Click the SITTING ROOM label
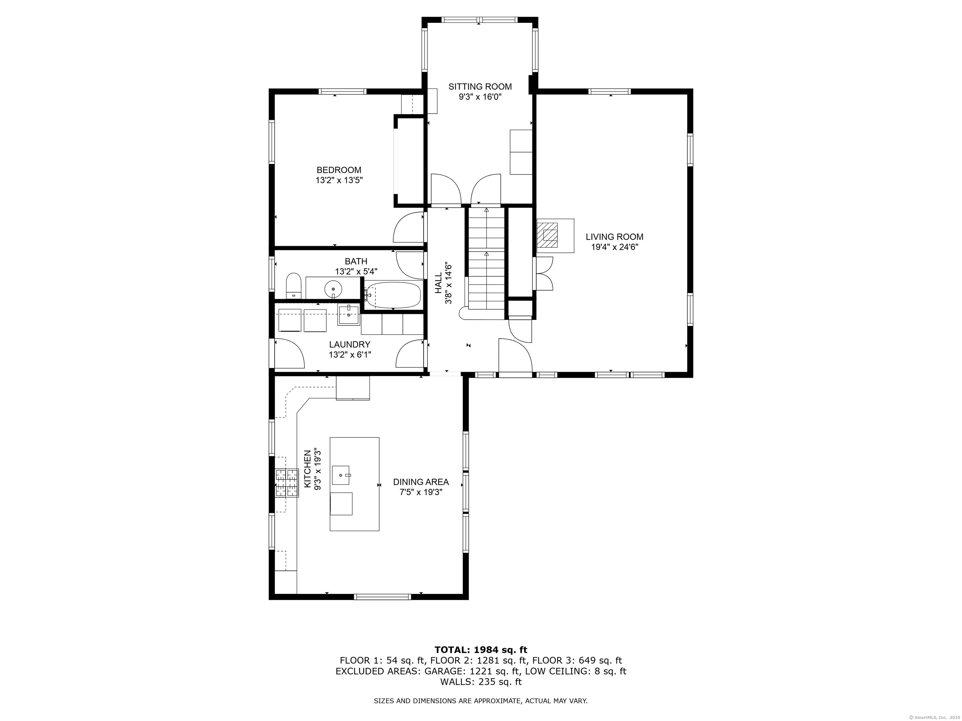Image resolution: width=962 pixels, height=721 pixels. [480, 86]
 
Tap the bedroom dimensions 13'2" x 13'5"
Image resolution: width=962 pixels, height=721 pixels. [339, 180]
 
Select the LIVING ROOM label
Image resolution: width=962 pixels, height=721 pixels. [614, 237]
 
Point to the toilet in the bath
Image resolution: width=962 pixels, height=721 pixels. [293, 286]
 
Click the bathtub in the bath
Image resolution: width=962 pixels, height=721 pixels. [393, 295]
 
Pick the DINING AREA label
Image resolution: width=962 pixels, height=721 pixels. [421, 482]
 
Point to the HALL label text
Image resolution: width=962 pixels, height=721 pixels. [438, 283]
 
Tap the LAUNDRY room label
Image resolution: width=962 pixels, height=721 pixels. [350, 345]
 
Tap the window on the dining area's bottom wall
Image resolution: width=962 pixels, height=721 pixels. [383, 597]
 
